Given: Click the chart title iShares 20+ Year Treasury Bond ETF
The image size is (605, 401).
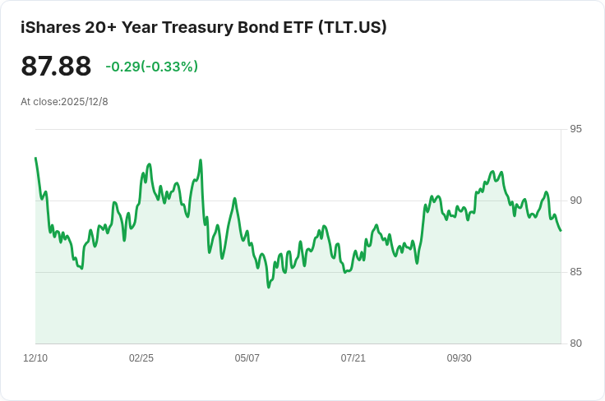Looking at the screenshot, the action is tap(167, 27).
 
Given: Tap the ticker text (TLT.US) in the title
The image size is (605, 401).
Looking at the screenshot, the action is tap(353, 27).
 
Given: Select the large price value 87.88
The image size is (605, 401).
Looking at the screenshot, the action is tap(56, 66).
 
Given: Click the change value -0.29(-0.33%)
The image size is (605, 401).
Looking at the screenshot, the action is tap(151, 67).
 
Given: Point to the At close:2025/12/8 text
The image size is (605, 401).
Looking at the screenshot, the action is tap(64, 102).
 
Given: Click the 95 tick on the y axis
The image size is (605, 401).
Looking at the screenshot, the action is tap(575, 129).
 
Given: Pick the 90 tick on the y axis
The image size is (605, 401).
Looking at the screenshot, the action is tap(575, 200).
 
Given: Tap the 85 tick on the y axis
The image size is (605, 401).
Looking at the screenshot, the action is tap(575, 272).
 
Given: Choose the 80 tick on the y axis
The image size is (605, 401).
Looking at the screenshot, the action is tap(575, 343).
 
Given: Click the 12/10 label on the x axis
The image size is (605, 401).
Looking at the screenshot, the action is tap(35, 358).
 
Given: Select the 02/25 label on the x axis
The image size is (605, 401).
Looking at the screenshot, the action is tap(141, 358).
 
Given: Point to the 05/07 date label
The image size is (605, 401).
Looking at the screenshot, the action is tap(247, 358).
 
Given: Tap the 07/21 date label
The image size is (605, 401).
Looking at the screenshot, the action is tap(353, 358).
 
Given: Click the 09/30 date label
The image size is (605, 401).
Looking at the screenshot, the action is tap(460, 358).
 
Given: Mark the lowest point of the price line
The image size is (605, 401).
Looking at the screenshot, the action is tap(269, 288).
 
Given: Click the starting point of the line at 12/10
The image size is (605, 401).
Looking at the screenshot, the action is tap(35, 158).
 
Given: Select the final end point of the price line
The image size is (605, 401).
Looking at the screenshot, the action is tap(561, 231).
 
